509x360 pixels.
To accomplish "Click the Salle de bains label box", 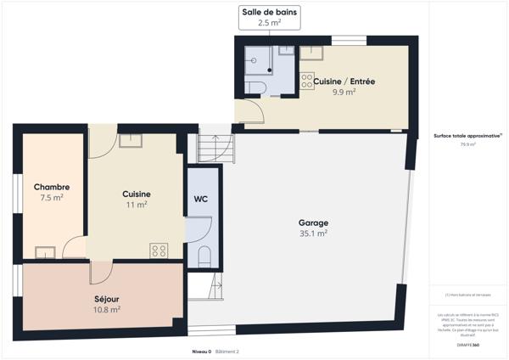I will point(268,18).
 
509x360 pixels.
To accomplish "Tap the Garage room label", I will point(313,223).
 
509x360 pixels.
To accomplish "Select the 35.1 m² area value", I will point(313,233).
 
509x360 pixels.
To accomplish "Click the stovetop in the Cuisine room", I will point(159,250).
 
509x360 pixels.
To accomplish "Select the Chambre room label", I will point(52,187).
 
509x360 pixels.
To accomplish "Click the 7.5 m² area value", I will point(52,198).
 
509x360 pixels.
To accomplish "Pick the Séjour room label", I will point(107,299).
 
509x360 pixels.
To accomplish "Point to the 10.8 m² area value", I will point(107,310).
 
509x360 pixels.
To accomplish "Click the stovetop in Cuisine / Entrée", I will point(305,82).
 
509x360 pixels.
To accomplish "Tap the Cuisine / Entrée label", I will point(344,81).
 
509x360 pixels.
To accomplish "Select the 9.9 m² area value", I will point(344,92).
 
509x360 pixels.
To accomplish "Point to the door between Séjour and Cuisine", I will point(100,271).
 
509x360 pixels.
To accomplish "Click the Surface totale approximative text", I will point(467,135).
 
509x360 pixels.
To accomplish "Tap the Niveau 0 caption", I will point(201,351).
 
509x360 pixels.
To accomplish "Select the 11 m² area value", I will point(136,205).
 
